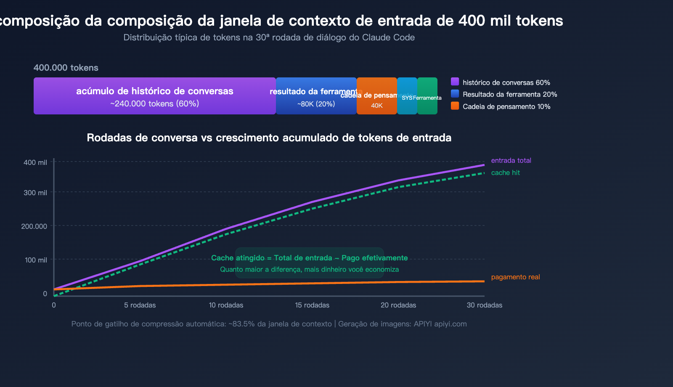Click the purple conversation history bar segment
(154, 96)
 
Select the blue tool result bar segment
(316, 96)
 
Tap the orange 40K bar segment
(376, 96)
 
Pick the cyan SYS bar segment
(407, 96)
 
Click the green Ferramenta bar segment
(427, 96)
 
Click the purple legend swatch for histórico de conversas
(455, 82)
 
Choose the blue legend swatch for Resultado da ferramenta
(455, 94)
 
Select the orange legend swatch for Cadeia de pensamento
(455, 106)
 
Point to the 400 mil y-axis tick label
(35, 162)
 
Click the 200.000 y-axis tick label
(34, 226)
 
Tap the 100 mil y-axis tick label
(36, 260)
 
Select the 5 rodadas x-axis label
(140, 305)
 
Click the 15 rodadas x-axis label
(312, 305)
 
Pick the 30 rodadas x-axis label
(484, 305)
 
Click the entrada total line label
(511, 160)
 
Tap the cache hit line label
(505, 172)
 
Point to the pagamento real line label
(515, 277)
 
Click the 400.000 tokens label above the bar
(66, 68)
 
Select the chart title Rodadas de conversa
(269, 138)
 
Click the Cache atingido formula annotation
(309, 258)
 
